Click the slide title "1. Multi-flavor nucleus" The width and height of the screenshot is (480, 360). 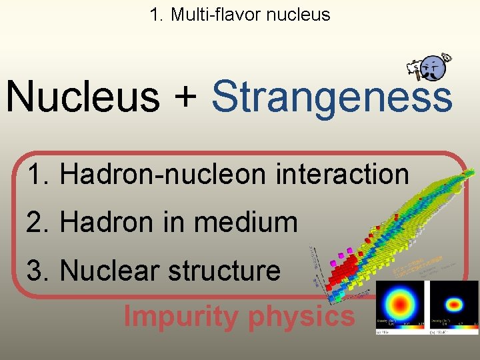coord(240,15)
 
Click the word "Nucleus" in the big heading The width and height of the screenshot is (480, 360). coord(83,96)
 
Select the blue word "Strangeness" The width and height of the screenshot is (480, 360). coord(331,97)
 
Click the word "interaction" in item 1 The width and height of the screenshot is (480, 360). coord(341,175)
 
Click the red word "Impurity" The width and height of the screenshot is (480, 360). coord(180,317)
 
